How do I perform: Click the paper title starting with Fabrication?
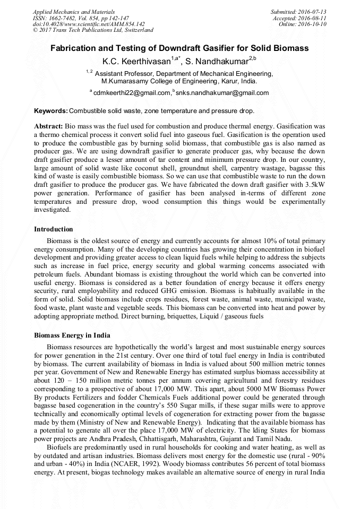(179, 48)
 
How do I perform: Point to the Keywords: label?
(51, 111)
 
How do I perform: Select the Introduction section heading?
(54, 229)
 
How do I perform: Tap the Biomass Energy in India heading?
(72, 335)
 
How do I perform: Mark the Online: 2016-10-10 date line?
(302, 24)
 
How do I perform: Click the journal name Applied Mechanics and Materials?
(73, 12)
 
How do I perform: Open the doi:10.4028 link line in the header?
(89, 24)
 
